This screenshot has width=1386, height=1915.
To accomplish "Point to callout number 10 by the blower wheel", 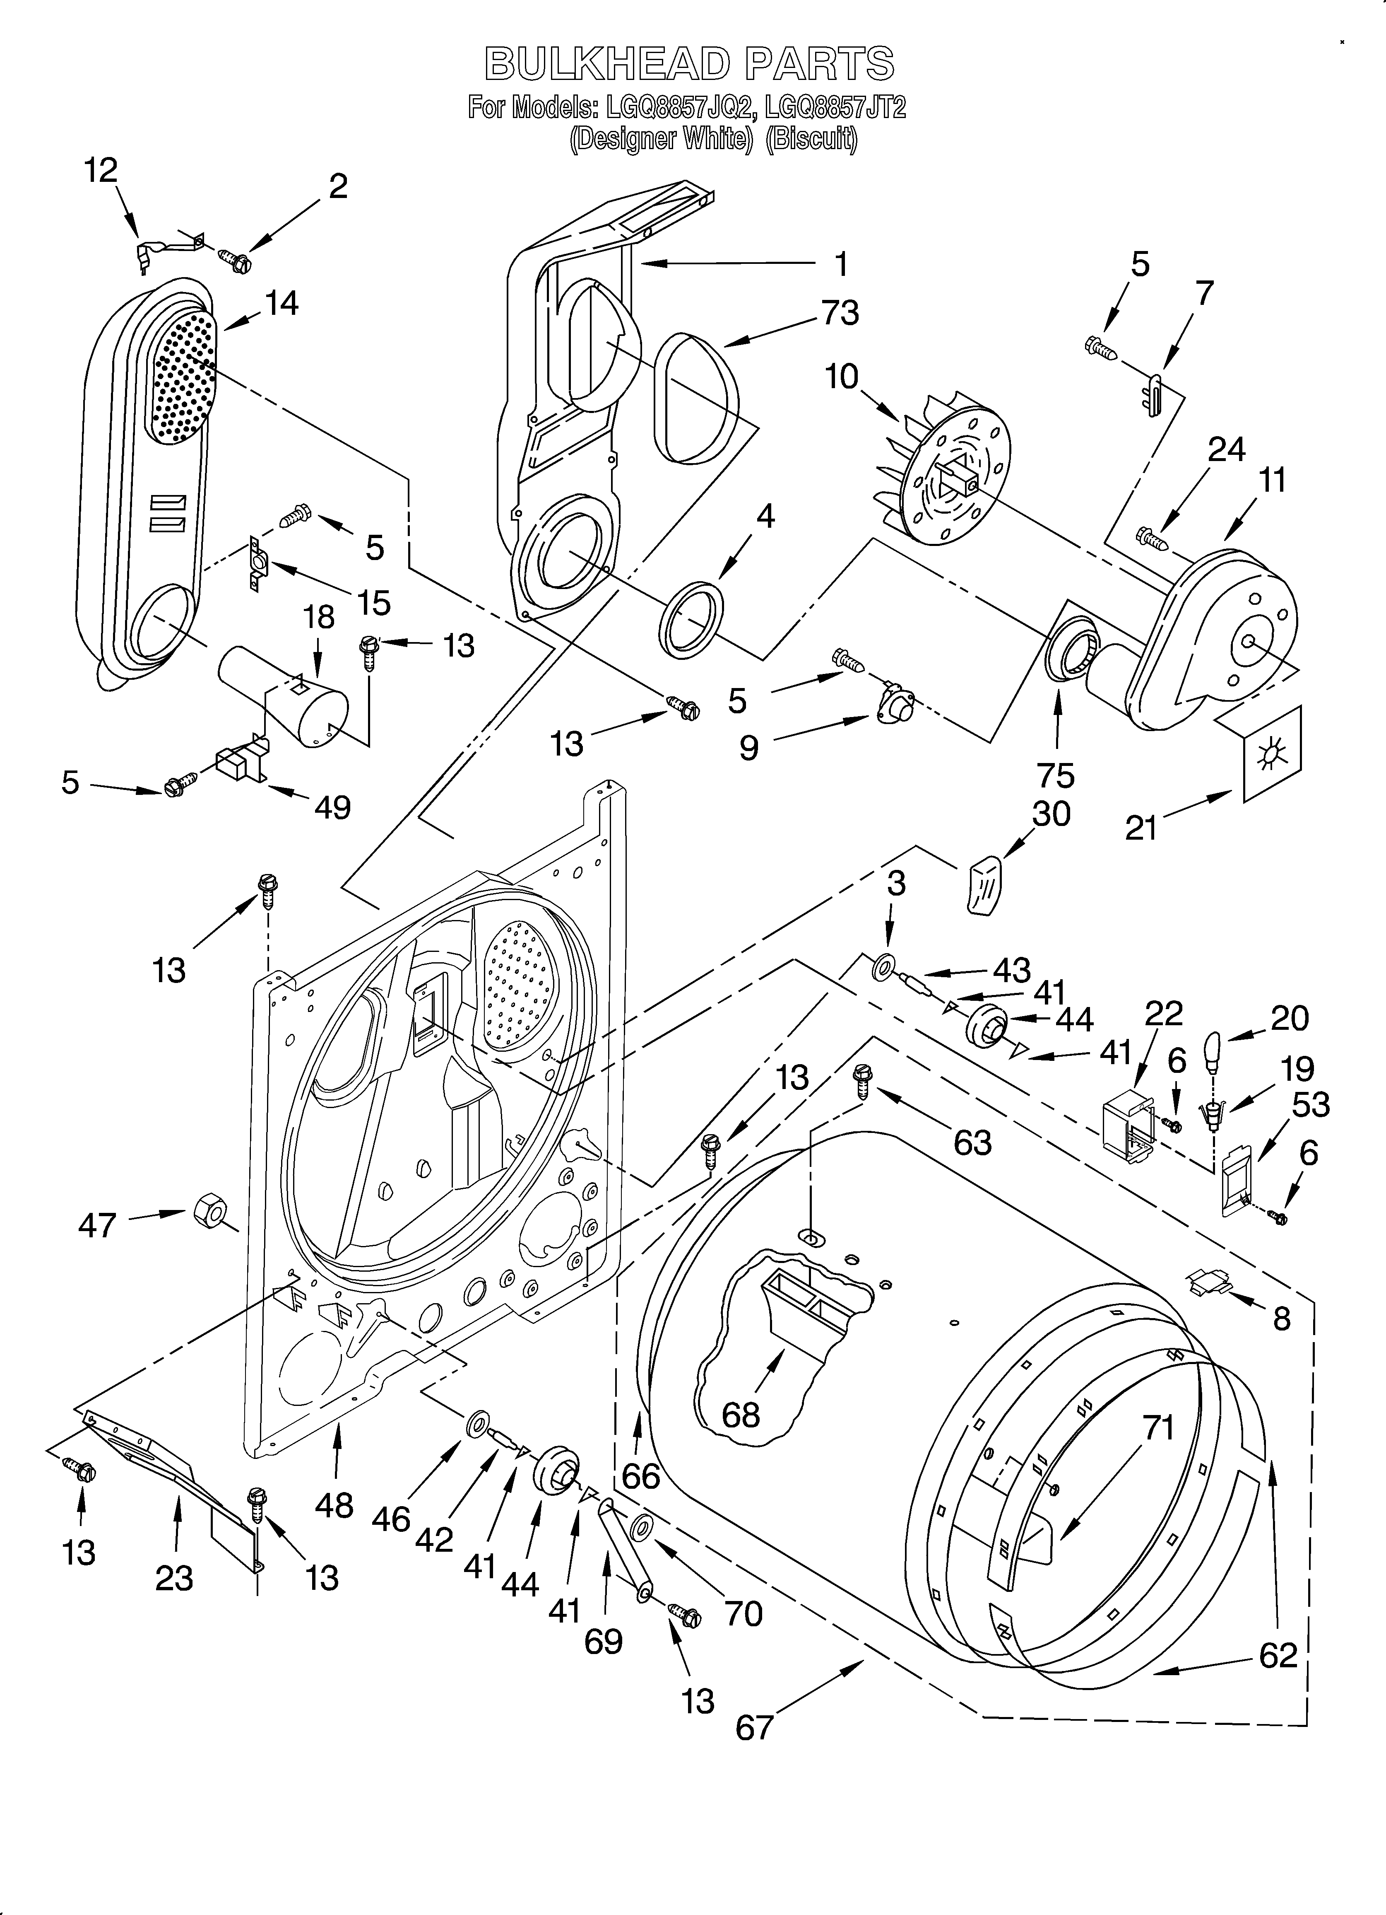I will [842, 377].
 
